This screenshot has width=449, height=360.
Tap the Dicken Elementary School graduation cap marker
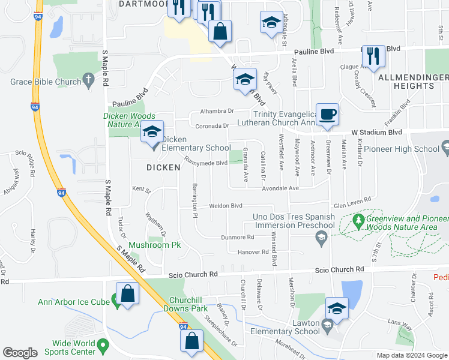pyautogui.click(x=152, y=133)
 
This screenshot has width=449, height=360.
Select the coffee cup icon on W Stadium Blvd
pyautogui.click(x=327, y=115)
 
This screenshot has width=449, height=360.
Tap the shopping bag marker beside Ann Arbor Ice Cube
pyautogui.click(x=128, y=295)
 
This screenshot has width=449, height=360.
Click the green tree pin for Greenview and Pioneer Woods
pyautogui.click(x=358, y=221)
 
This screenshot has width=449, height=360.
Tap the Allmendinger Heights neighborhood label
pyautogui.click(x=412, y=82)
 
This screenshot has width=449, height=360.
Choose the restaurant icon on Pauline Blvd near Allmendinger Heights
pyautogui.click(x=375, y=57)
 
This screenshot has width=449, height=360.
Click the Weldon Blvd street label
pyautogui.click(x=225, y=206)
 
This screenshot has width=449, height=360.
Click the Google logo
pyautogui.click(x=20, y=353)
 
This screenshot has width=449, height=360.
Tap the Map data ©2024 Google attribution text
pyautogui.click(x=412, y=355)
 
